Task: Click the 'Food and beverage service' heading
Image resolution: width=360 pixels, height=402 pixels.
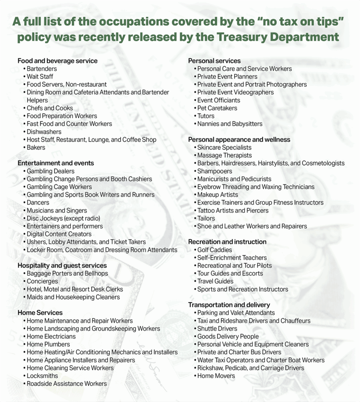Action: pos(57,61)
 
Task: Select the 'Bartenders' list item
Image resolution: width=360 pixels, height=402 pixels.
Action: pos(42,69)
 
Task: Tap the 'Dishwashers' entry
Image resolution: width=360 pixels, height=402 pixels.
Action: pos(44,132)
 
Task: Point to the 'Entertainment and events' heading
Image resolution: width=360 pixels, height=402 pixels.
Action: pos(56,163)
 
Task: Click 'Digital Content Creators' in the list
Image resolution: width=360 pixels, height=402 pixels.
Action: pos(59,234)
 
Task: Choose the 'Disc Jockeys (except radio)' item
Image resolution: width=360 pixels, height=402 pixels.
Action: pos(63,218)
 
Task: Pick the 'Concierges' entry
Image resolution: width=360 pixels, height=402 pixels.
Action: pos(42,281)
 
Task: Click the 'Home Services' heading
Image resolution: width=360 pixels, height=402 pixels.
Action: pos(40,312)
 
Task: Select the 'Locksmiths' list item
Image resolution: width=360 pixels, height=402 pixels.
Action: pos(42,376)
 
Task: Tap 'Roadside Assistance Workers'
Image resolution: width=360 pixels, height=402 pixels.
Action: pos(67,384)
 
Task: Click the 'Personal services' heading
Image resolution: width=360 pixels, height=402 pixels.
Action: pos(215,61)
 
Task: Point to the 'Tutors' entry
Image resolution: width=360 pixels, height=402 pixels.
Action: pos(206,116)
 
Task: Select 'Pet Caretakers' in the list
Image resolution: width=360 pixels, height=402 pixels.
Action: pos(217,108)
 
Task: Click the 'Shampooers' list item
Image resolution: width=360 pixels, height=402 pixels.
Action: pos(215,171)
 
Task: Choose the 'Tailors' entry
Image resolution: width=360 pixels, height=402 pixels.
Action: pos(206,218)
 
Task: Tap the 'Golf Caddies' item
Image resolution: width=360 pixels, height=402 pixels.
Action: pos(215,250)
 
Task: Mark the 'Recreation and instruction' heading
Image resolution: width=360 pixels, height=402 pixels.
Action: pos(227,242)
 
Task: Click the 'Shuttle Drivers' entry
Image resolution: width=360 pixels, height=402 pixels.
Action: pos(217,329)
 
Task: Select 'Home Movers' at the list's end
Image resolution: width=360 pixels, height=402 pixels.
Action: pos(216,376)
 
